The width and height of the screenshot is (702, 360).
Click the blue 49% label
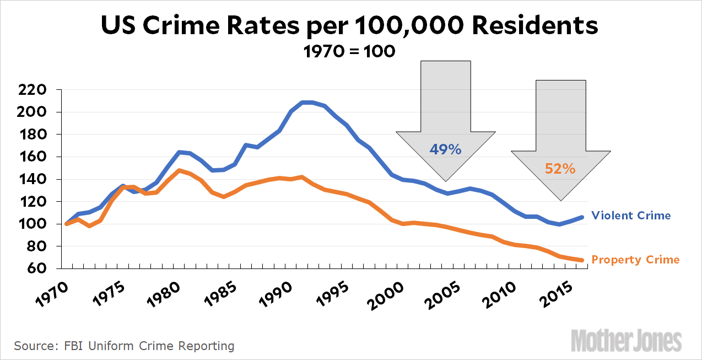[x=445, y=149]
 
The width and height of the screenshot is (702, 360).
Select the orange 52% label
[x=560, y=169]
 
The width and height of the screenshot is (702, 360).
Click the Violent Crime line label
[x=631, y=216]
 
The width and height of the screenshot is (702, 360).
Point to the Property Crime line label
[x=635, y=260]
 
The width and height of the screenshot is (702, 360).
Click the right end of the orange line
[x=582, y=260]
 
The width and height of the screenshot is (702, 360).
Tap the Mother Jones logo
[x=626, y=340]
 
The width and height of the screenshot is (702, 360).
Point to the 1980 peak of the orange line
[x=179, y=170]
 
